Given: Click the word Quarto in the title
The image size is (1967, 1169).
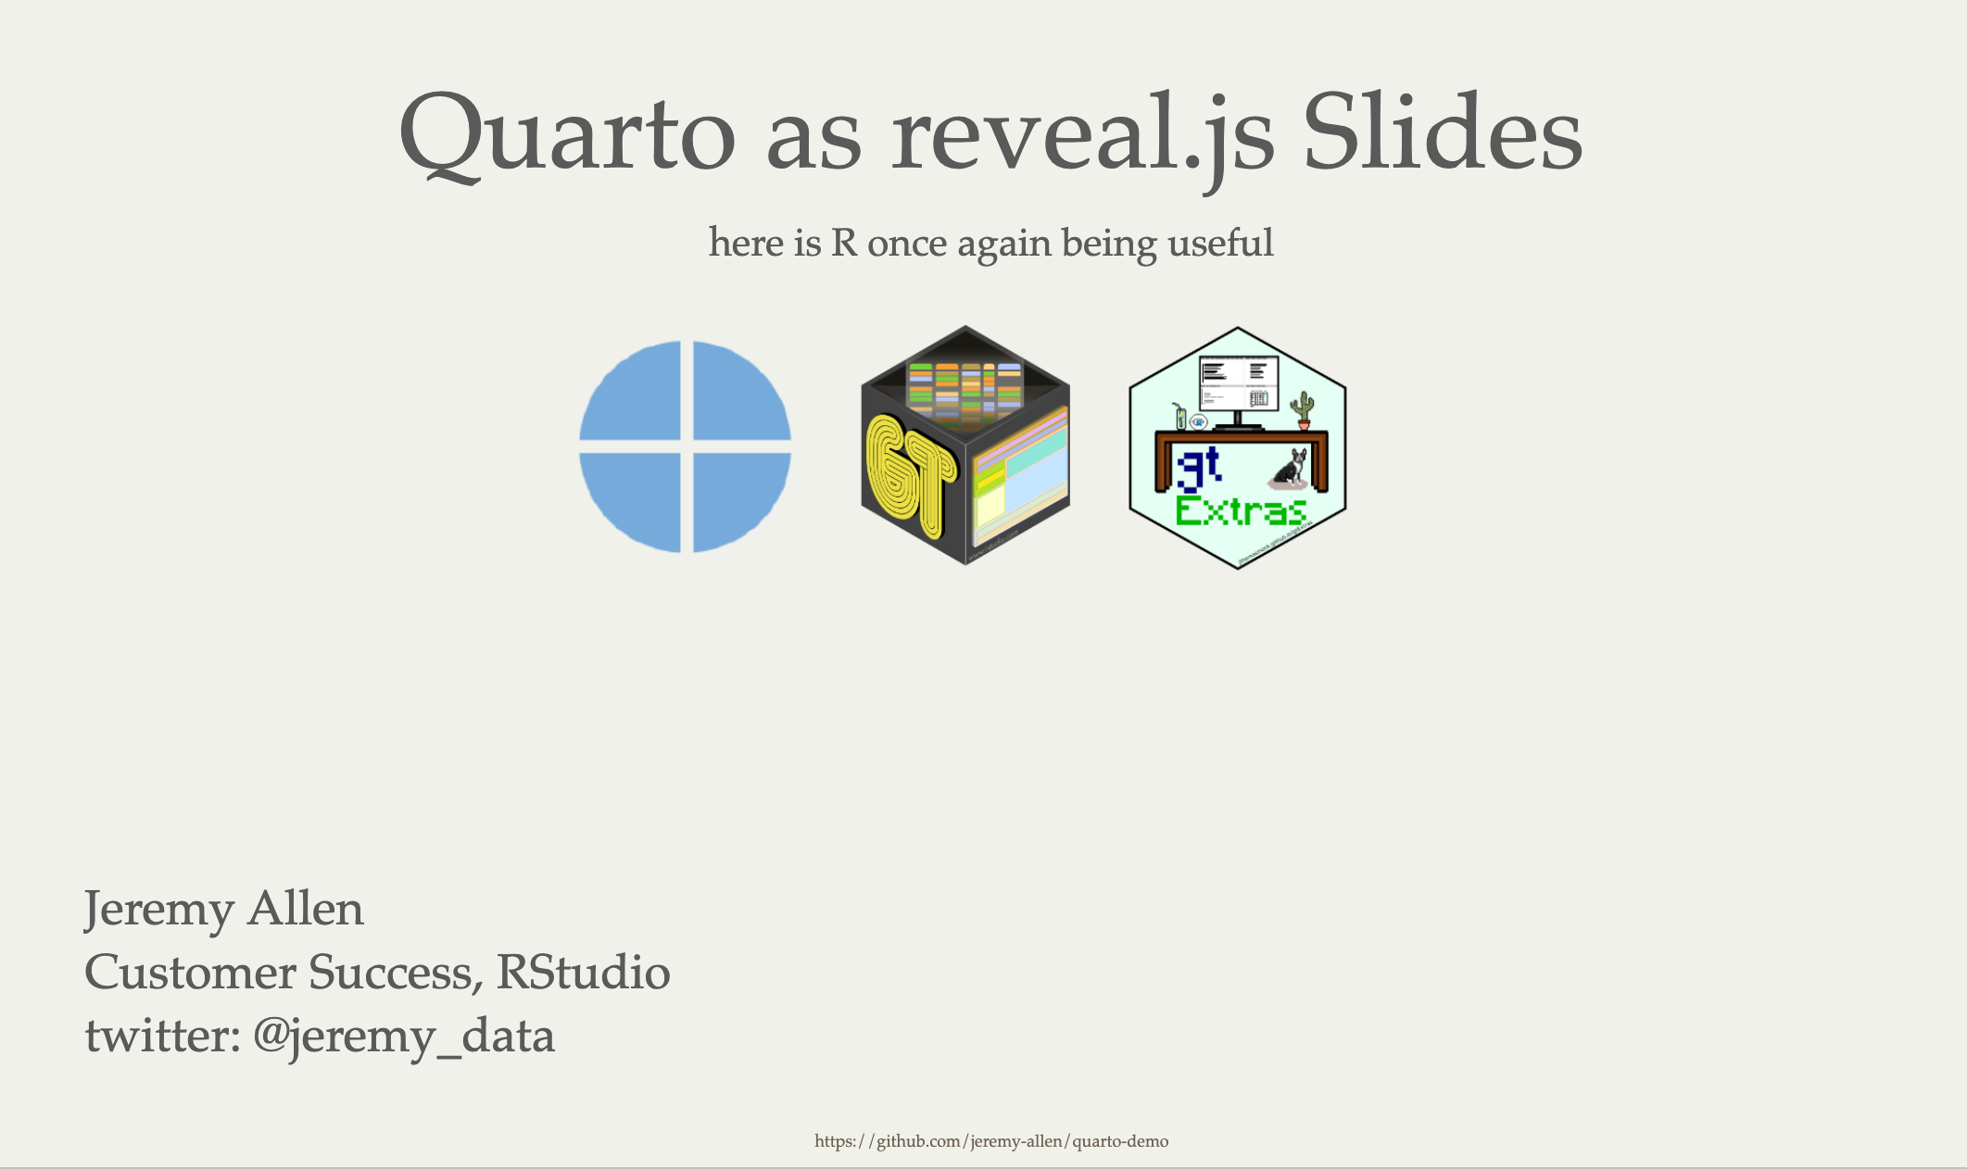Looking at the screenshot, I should point(566,135).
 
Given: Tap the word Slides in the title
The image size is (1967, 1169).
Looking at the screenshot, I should point(1442,135).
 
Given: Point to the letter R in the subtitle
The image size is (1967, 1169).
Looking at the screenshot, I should point(843,243).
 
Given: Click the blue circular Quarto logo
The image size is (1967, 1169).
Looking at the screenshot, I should point(685,446).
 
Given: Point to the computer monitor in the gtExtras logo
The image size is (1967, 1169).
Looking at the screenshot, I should point(1238,384).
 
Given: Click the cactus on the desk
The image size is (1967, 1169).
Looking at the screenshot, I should point(1304,409).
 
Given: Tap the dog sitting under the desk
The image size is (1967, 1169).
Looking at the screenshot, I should point(1291,469).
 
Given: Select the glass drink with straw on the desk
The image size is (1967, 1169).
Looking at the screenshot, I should point(1179,417).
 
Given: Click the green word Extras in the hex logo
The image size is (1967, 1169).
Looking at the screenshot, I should point(1241,511).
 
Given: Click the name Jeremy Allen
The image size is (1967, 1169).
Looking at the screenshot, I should point(224,909).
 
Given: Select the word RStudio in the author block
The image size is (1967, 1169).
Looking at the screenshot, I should point(583,972).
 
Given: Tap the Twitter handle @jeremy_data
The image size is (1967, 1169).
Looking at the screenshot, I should point(403,1035).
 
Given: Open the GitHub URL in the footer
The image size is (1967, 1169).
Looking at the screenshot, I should point(991,1141).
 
